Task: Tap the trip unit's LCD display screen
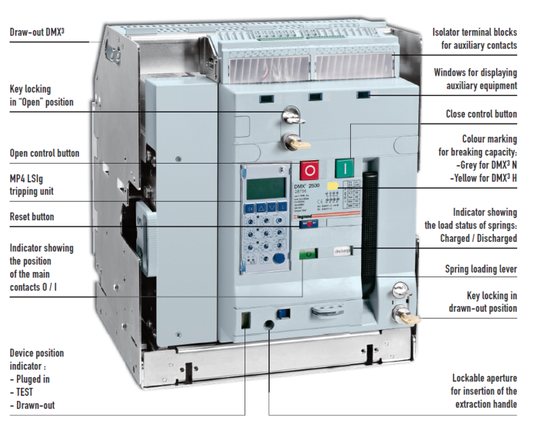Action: [265, 187]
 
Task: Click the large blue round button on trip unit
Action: [278, 258]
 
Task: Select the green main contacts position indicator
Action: [309, 254]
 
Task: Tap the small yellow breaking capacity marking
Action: [333, 185]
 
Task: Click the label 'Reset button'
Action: [31, 217]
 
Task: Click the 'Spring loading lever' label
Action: [481, 269]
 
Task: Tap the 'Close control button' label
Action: [481, 115]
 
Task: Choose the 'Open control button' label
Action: [44, 153]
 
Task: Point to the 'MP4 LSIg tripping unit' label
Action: [32, 185]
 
